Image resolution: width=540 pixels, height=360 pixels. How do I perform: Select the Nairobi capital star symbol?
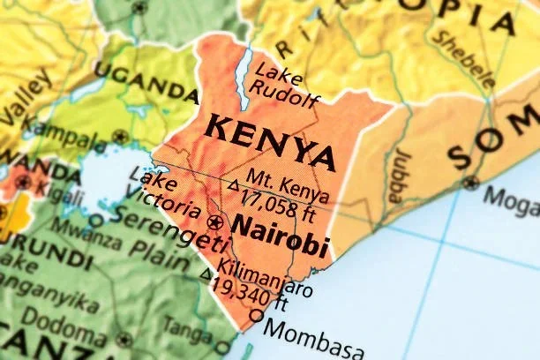(x=214, y=221)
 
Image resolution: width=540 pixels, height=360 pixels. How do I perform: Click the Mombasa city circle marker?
(x=257, y=316)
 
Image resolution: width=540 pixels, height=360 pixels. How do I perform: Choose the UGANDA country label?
(x=146, y=81)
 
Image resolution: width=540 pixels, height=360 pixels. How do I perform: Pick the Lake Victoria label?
(x=163, y=196)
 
